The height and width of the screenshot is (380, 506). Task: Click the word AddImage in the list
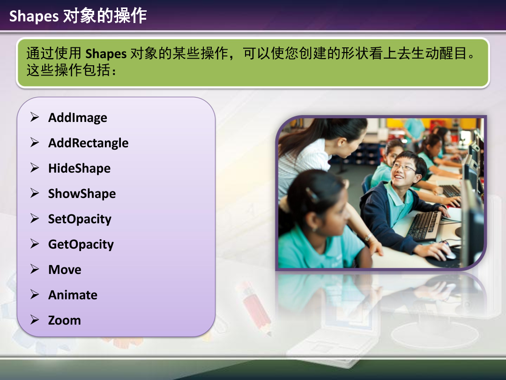coord(77,118)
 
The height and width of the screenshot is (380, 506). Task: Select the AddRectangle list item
coord(88,143)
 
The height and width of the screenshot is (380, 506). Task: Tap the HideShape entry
coord(79,168)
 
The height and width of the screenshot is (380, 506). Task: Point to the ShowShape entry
coord(82,194)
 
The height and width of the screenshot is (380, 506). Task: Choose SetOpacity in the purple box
coord(80,219)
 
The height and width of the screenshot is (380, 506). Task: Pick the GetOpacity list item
coord(81,244)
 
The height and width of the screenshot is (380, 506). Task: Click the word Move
coord(65,269)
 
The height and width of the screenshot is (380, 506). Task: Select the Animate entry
coord(73,295)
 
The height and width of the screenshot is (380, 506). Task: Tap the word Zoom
coord(64,320)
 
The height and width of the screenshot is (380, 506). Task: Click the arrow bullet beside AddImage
coord(35,117)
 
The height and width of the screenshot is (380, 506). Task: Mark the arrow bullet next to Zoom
coord(35,319)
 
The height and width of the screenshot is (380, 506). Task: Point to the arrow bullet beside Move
coord(35,269)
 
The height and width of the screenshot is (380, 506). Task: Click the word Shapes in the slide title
coord(34,16)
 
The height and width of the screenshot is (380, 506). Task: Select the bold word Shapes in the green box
coord(106,53)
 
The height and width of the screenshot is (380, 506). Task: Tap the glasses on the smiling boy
coord(404,167)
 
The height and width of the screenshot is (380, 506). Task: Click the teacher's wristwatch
coord(368,237)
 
